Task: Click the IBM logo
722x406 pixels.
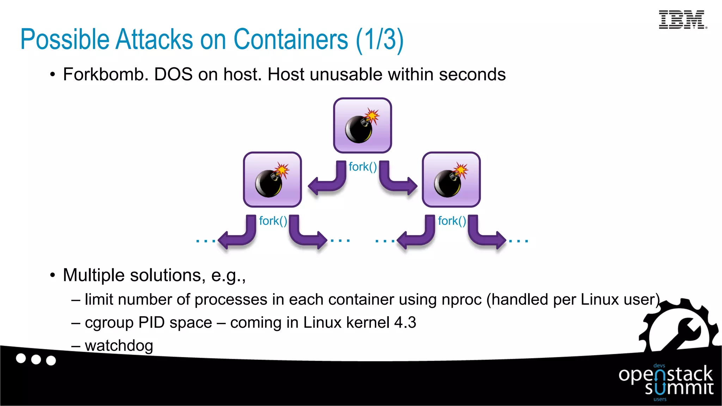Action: (682, 20)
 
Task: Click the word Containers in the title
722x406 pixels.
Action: (291, 39)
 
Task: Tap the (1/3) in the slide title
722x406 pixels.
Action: (380, 40)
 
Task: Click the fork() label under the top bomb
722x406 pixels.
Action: (363, 167)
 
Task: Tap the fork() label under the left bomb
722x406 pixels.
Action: (273, 221)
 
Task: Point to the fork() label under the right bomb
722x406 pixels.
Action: (452, 221)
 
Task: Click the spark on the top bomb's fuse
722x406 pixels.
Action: (372, 116)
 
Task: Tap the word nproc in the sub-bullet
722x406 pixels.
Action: (461, 300)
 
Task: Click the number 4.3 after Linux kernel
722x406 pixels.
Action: (405, 322)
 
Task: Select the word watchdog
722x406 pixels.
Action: (119, 346)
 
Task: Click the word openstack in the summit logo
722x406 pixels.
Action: (665, 375)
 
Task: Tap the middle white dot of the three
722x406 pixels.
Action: (36, 359)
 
